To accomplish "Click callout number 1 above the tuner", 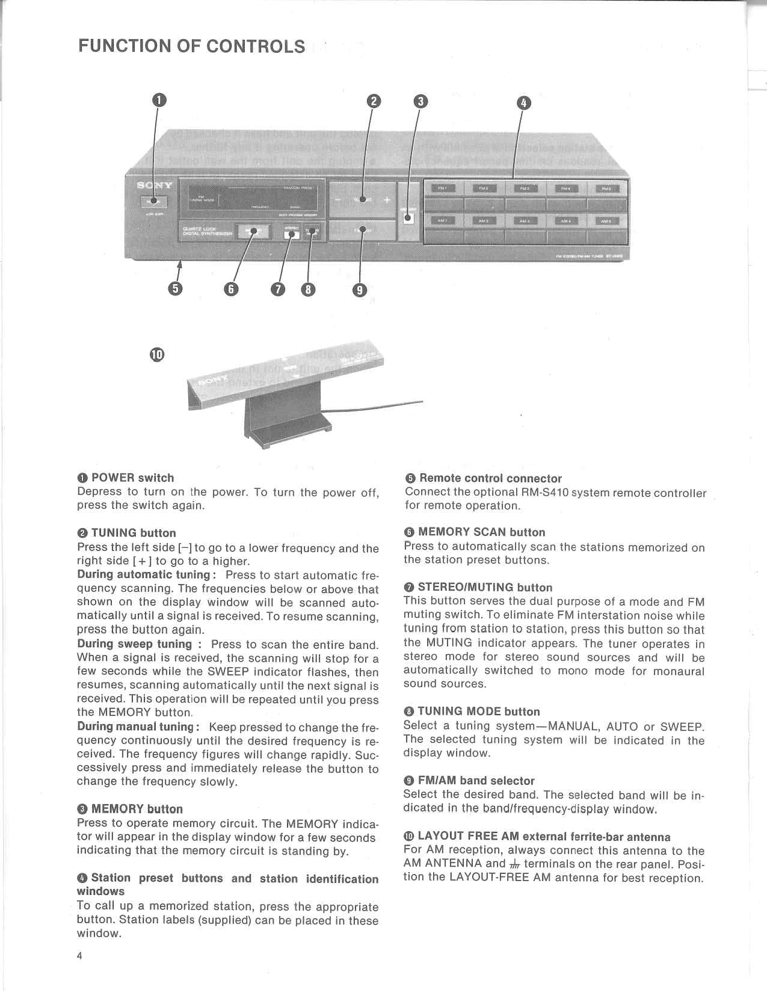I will click(x=158, y=100).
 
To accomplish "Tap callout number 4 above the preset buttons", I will click(x=524, y=103).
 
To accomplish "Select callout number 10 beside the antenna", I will click(x=156, y=354).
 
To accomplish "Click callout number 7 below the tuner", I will click(x=277, y=289).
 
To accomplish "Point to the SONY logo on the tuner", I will click(x=155, y=185).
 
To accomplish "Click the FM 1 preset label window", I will click(x=443, y=188).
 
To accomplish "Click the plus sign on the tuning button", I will click(x=386, y=200).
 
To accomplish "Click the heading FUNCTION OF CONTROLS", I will click(x=191, y=46).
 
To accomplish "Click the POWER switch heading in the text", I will click(x=132, y=478).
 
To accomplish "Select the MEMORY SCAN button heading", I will click(x=481, y=532).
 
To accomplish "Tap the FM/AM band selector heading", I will click(x=475, y=781).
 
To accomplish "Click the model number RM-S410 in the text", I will click(x=544, y=493).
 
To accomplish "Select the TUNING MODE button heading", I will click(x=478, y=712).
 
